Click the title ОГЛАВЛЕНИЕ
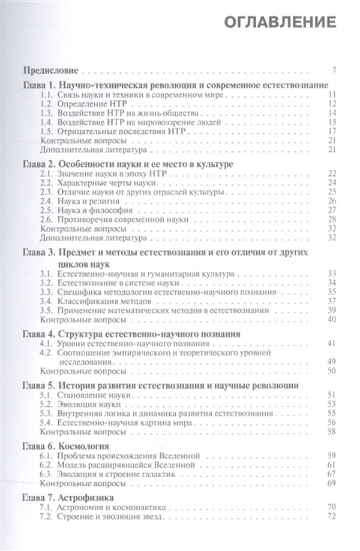pos(280,23)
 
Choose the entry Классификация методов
pos(100,300)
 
